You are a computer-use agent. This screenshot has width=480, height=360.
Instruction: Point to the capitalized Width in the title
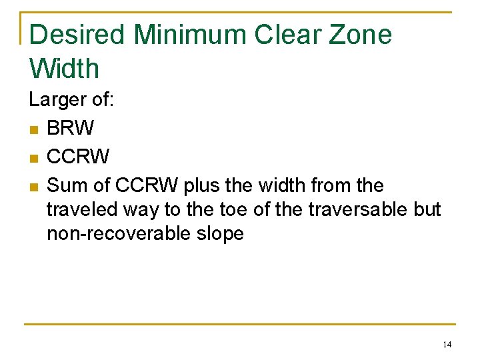(x=64, y=68)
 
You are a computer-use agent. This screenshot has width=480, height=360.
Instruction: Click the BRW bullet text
(x=71, y=128)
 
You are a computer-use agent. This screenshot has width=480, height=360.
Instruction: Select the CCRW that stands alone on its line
(x=78, y=157)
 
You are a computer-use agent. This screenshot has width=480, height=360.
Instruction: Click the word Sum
(x=64, y=185)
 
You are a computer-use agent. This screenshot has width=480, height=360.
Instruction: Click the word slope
(x=223, y=233)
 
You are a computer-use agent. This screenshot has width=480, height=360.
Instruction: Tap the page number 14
(x=447, y=345)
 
